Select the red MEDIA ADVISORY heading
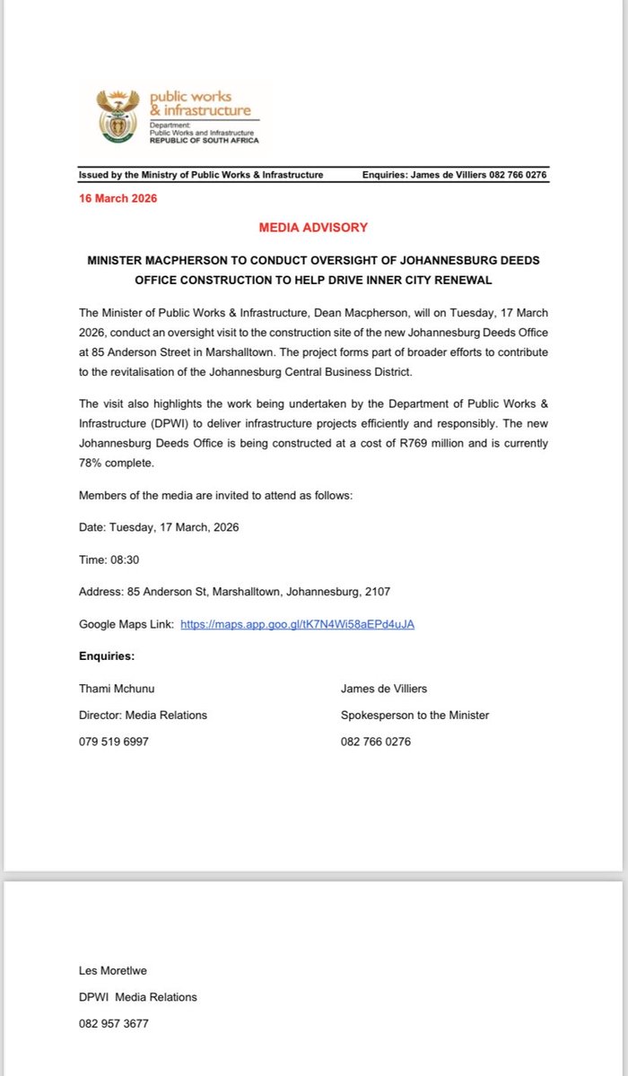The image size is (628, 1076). [313, 228]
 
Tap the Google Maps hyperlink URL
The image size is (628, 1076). [297, 623]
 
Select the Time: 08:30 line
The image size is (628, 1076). [109, 559]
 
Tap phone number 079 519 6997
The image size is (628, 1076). [114, 742]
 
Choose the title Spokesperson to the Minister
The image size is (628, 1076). [414, 716]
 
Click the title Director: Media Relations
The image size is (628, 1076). [143, 716]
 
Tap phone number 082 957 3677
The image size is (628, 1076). [114, 1023]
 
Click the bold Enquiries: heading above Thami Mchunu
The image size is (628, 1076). [107, 656]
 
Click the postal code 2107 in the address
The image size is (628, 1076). [377, 591]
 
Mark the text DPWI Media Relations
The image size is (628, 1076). [138, 997]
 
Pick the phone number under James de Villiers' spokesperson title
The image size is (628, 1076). [376, 742]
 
